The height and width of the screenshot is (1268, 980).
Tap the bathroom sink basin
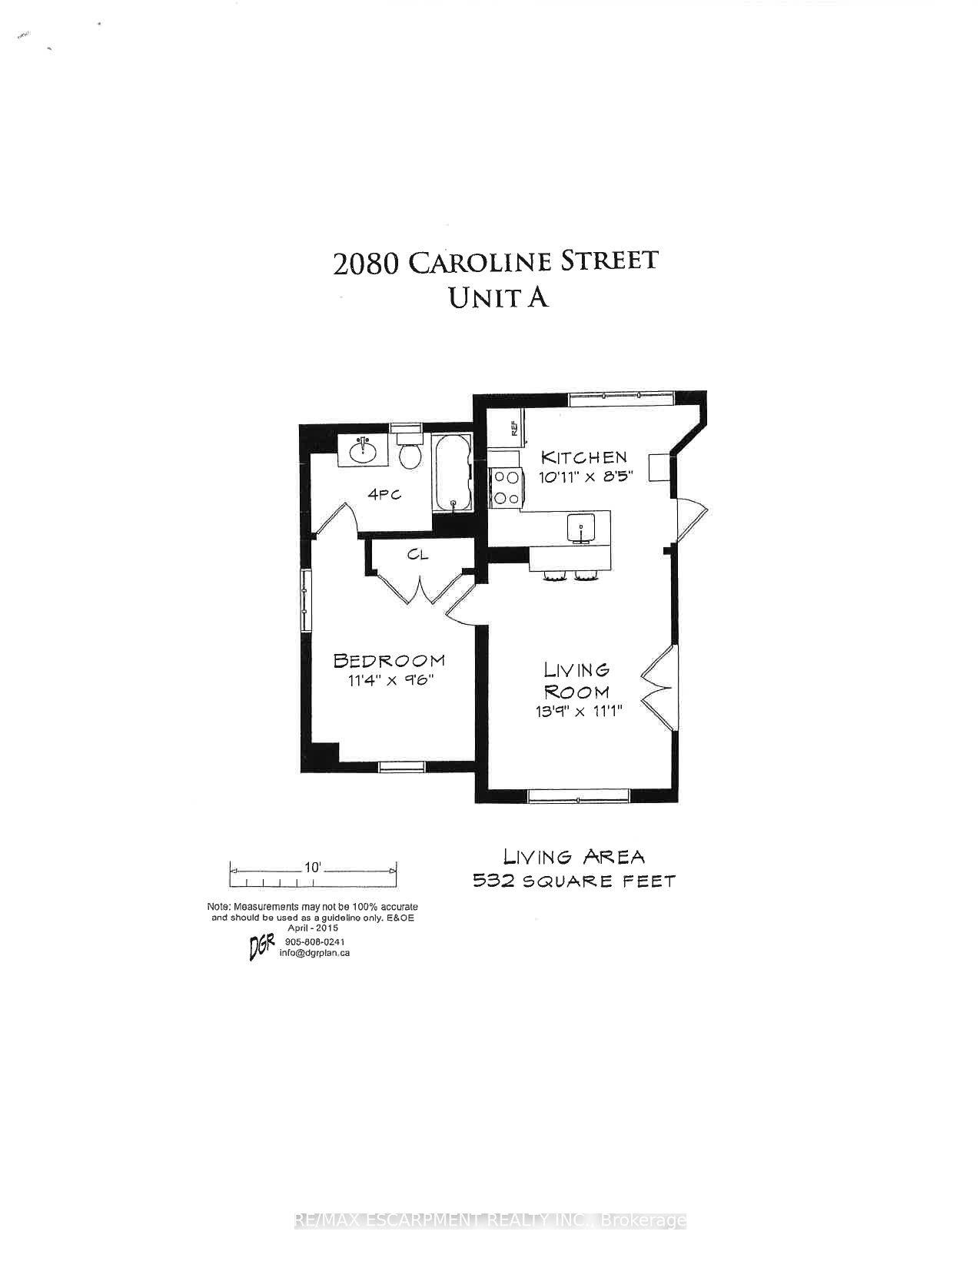tap(364, 450)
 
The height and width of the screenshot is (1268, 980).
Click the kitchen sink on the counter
tap(581, 529)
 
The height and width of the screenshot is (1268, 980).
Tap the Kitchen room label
tap(583, 456)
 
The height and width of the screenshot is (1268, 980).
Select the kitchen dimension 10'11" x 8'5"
tap(586, 476)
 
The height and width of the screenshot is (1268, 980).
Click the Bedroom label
tap(389, 661)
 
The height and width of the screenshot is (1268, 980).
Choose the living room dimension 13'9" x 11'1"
tap(579, 712)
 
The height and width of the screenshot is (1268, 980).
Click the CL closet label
tap(418, 555)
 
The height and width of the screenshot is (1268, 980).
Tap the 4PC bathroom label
tap(384, 495)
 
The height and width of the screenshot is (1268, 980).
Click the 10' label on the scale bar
tap(313, 868)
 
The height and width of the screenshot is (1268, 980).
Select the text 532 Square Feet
tap(573, 881)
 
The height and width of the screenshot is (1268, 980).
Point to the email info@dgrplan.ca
tap(314, 954)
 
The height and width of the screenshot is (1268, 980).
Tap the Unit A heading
tap(497, 298)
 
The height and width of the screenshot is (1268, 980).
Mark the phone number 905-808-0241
tap(315, 942)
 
